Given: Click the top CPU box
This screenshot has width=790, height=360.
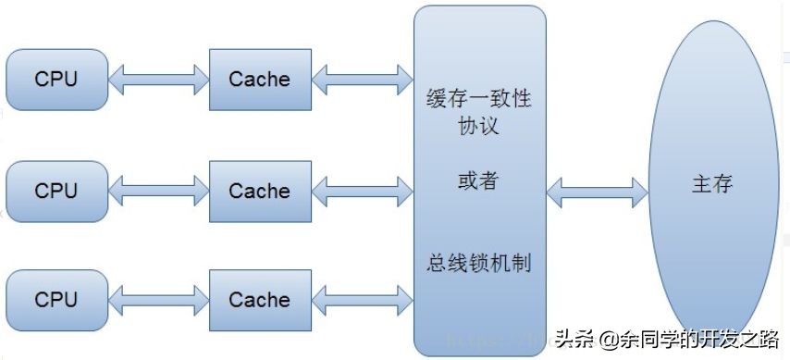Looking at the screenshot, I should [56, 80].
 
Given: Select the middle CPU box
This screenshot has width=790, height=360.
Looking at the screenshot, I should [56, 191].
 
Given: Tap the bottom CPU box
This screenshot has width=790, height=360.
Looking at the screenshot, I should [56, 300].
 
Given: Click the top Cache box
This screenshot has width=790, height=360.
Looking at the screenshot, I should [259, 80].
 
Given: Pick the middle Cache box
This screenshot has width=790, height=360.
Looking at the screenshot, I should [259, 191].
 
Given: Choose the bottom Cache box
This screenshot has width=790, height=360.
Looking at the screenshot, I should [259, 300].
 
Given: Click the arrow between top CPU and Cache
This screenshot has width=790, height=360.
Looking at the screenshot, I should [158, 80].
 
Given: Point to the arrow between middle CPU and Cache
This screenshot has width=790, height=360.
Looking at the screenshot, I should [158, 191].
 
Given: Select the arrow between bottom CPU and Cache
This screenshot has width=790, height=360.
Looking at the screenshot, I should [158, 300].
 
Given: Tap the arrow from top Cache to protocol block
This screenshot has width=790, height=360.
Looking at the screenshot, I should [362, 80].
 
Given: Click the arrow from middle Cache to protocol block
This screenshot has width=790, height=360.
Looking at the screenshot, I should [362, 191].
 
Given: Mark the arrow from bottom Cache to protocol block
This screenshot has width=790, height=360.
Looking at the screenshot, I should [362, 300].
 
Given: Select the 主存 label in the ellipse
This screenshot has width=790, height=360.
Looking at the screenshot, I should [712, 183].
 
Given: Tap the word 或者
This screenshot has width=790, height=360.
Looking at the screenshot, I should [478, 180].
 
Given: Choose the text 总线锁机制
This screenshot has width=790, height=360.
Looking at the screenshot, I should [478, 262].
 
